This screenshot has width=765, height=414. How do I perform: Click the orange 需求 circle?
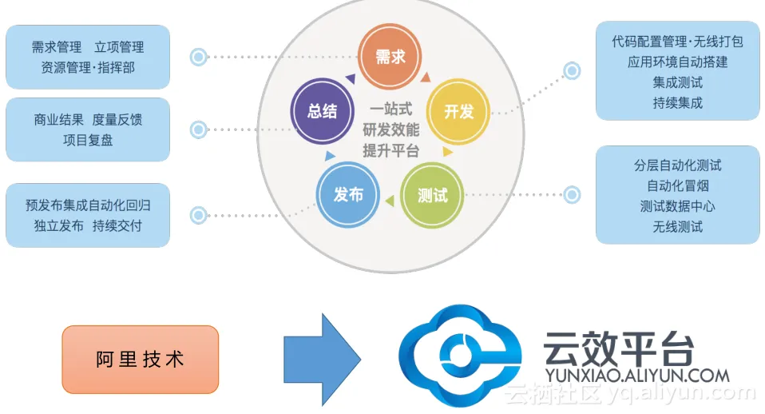[390, 56]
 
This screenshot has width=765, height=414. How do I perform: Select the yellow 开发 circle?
[458, 111]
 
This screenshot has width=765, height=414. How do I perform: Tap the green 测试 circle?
[432, 195]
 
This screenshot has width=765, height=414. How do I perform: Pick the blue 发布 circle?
[348, 195]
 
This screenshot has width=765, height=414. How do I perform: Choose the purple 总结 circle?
[322, 111]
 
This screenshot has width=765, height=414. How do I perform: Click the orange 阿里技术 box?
[141, 360]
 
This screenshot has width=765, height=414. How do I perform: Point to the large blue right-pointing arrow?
[323, 360]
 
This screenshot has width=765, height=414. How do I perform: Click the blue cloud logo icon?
[460, 356]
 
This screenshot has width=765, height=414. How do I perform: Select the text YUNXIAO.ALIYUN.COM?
[637, 376]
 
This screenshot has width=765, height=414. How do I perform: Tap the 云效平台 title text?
[619, 348]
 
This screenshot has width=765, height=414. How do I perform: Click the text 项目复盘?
[88, 141]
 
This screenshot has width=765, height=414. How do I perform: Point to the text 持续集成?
[678, 103]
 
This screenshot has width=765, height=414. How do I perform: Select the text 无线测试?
[678, 227]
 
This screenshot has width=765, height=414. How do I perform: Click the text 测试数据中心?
[678, 206]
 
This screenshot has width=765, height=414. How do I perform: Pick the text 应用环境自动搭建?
[678, 62]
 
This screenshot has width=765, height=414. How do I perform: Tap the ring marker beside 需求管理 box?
[198, 57]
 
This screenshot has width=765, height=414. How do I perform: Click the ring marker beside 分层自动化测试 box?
[573, 195]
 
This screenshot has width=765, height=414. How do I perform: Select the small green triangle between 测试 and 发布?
[390, 200]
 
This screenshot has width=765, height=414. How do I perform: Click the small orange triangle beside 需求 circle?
[426, 78]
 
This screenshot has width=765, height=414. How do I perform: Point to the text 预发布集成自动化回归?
[88, 205]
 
